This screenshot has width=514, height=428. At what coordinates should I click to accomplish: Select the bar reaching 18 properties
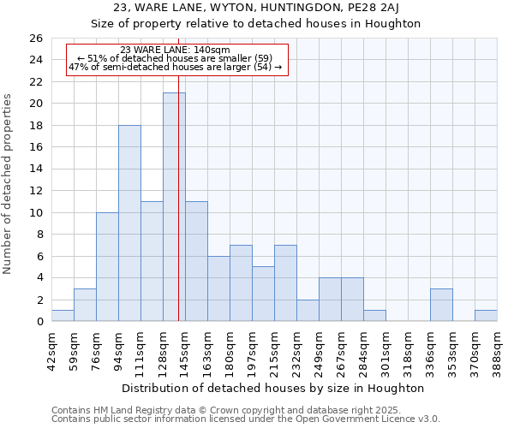(129, 223)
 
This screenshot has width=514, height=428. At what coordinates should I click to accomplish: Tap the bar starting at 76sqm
(107, 266)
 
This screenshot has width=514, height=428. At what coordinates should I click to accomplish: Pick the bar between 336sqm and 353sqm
(441, 305)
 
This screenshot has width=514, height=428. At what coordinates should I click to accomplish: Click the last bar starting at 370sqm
(486, 316)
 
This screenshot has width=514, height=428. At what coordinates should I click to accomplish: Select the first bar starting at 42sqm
(63, 316)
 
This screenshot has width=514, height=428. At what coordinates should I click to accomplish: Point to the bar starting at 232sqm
(308, 311)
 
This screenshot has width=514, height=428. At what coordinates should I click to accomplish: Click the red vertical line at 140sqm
(178, 214)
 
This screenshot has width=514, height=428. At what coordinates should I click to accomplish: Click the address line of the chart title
(256, 8)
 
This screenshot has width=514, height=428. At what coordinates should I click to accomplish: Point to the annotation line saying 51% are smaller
(175, 58)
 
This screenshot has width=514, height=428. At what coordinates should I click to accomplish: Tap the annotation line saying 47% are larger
(175, 67)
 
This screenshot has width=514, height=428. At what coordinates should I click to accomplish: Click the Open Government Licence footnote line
(246, 419)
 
